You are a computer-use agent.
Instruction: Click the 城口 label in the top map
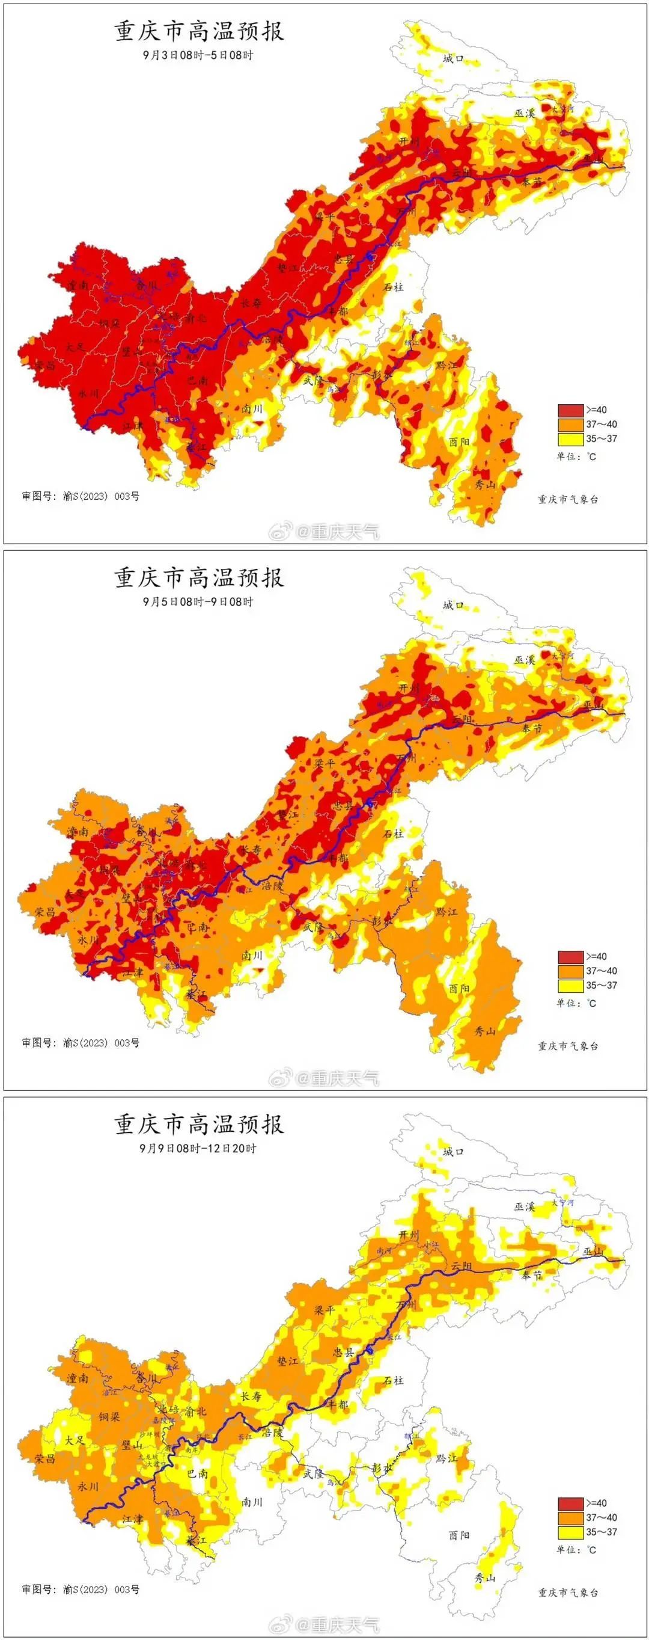453,58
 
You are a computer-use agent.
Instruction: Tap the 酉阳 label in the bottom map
459,1535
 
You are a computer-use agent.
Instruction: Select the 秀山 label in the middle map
485,1031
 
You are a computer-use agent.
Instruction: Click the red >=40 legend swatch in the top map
571,410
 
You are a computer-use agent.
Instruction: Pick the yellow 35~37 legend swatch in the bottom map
571,1532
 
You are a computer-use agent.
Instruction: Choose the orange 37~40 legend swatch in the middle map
571,971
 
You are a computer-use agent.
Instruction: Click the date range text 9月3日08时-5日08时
198,55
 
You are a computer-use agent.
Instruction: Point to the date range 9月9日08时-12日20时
198,1149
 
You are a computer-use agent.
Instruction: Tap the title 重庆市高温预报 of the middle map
199,577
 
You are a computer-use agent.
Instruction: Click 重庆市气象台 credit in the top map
567,499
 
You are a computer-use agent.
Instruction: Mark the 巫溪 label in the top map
525,112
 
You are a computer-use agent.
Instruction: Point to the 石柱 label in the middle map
393,834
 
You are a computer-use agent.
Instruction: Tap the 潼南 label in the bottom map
78,1378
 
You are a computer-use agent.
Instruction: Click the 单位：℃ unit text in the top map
576,456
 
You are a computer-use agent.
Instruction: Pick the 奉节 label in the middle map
532,728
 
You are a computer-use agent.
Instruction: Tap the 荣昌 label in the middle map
44,912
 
